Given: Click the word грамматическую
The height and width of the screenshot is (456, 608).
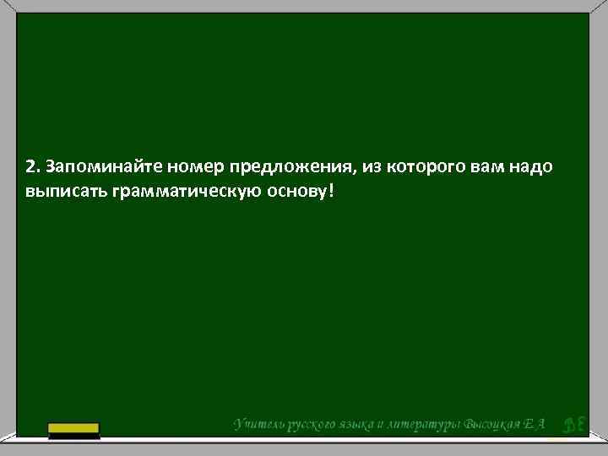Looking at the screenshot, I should pyautogui.click(x=175, y=192).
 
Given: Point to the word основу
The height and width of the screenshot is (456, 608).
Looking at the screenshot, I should pyautogui.click(x=292, y=191).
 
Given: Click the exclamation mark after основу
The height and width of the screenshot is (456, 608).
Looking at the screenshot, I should pyautogui.click(x=331, y=190).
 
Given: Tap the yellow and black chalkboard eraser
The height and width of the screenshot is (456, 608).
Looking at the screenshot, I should pyautogui.click(x=73, y=430).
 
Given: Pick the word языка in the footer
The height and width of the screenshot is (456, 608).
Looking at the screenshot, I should pyautogui.click(x=362, y=424).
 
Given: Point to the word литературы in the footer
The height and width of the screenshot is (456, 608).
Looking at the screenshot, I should pyautogui.click(x=427, y=424).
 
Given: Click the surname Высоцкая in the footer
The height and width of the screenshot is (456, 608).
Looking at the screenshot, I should pyautogui.click(x=495, y=424).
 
